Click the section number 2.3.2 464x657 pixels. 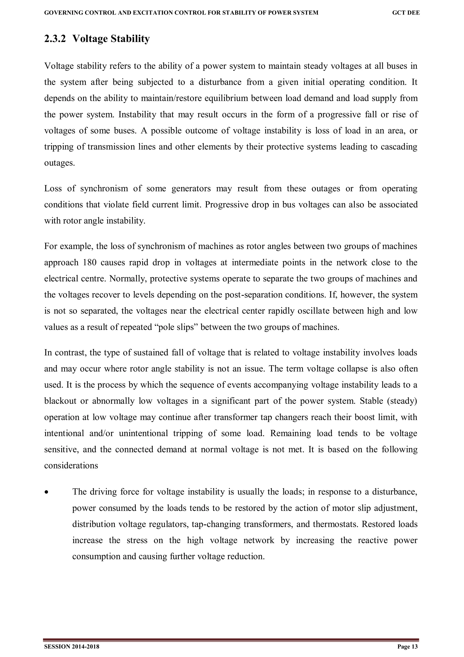coord(55,39)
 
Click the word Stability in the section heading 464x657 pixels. coord(130,39)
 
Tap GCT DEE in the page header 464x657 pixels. coord(406,13)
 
